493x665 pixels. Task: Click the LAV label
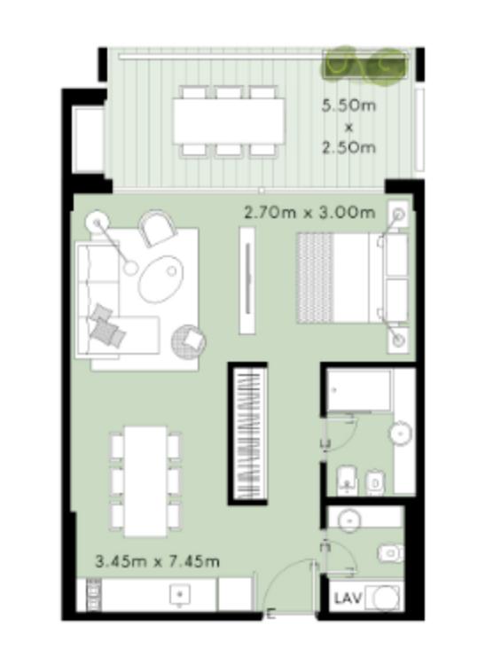tap(348, 598)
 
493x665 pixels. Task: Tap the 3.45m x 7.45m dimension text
tap(158, 561)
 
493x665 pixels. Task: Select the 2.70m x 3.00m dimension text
tap(309, 212)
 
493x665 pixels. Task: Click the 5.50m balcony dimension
tap(348, 106)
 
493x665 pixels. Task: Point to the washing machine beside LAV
tap(384, 598)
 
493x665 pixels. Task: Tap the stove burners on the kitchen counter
tap(94, 595)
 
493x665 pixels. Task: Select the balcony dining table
tap(229, 121)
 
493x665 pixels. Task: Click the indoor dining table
tap(145, 481)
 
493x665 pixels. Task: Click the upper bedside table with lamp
tap(398, 215)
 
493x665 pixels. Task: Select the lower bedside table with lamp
tap(398, 340)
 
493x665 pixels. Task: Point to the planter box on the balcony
tap(365, 65)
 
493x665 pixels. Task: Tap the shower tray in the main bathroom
tap(359, 390)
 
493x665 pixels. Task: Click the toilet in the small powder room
tap(391, 552)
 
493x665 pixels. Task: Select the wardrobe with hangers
tap(248, 434)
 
